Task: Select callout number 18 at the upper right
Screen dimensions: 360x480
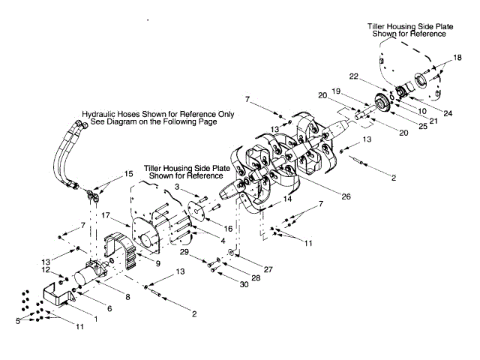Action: coord(458,58)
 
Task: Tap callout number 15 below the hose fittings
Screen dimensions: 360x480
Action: coord(129,174)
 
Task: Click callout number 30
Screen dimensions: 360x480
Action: coord(244,284)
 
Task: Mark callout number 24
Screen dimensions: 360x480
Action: coord(448,113)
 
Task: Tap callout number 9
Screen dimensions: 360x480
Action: coord(157,263)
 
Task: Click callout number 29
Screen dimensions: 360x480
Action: coord(183,251)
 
